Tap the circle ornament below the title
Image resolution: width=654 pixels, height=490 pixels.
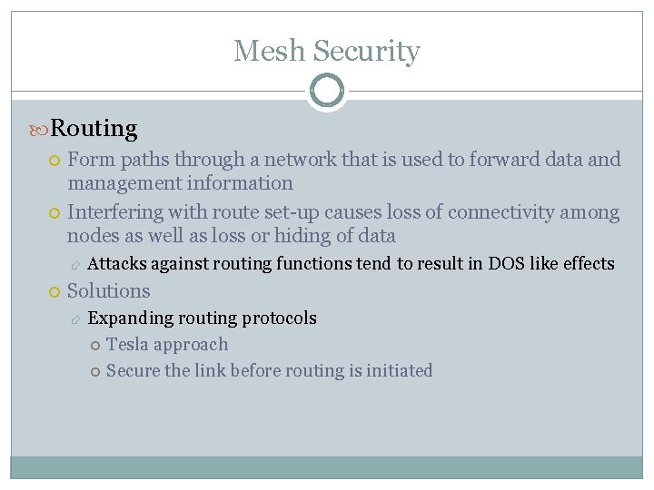[x=326, y=91]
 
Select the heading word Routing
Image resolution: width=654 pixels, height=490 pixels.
[x=94, y=129]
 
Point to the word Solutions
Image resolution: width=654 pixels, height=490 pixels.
[x=109, y=291]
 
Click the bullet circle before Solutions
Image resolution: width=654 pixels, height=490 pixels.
[x=55, y=291]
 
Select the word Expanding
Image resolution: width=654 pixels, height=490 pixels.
[x=130, y=318]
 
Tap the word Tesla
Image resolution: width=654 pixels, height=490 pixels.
[x=127, y=345]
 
